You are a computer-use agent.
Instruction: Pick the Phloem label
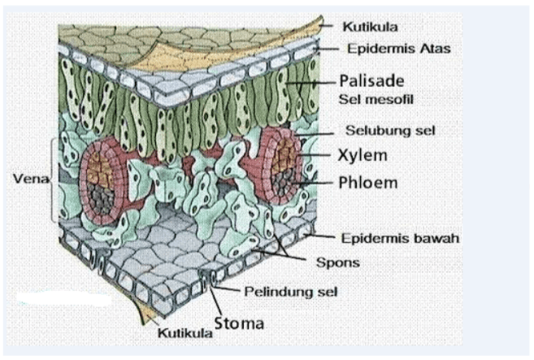(x=368, y=182)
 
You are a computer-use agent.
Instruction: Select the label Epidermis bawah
(x=401, y=238)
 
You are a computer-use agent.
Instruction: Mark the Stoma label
(x=239, y=323)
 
